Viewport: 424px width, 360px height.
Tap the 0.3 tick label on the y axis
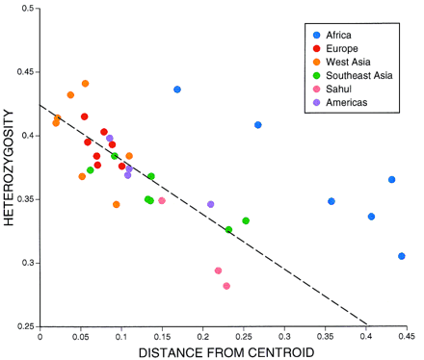[23, 263]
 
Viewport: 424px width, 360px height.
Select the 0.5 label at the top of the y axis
[23, 9]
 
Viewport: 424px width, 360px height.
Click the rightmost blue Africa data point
[402, 256]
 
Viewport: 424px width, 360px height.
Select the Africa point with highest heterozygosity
[177, 90]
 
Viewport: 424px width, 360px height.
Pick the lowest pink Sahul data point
[226, 286]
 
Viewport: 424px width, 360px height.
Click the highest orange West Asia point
[85, 84]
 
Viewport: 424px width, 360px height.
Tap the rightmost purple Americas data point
[211, 204]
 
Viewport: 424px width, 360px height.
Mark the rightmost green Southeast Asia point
[246, 220]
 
